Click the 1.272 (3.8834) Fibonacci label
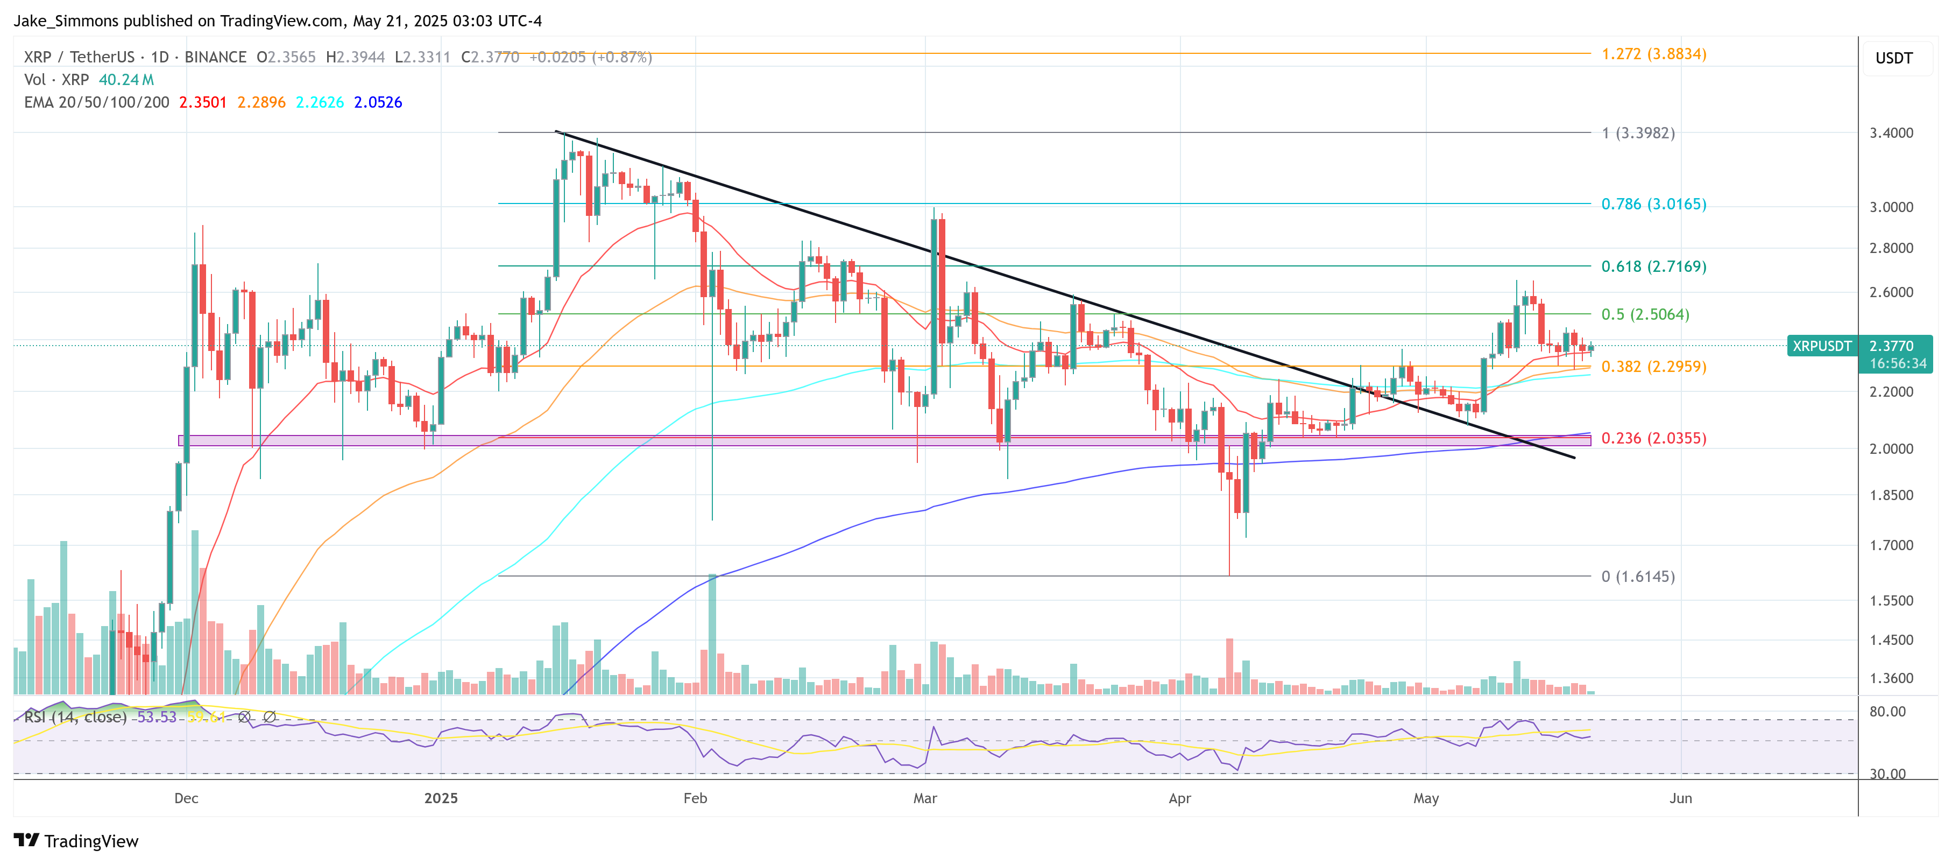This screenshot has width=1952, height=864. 1653,54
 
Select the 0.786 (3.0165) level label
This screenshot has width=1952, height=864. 1653,204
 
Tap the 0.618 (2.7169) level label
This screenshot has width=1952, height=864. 1653,266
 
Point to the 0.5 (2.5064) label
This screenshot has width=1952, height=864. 1644,314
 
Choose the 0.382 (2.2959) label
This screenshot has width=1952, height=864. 1653,366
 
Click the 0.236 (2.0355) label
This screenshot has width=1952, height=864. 1653,438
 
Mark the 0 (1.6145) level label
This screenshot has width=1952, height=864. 1638,576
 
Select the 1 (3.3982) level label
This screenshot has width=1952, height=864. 1638,132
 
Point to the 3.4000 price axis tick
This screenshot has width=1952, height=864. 1891,132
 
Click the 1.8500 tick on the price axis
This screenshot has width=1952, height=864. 1891,495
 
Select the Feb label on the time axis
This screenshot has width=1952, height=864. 695,798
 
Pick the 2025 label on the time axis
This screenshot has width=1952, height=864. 441,798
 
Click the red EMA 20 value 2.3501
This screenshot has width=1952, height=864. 202,102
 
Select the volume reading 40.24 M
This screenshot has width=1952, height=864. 126,80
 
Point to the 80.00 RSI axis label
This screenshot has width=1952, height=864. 1887,711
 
